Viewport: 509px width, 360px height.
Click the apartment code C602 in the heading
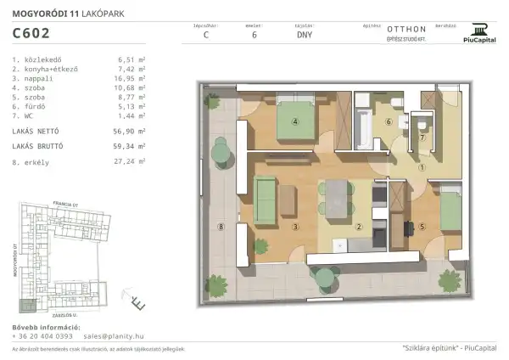tap(31, 34)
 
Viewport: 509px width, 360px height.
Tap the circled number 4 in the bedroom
tap(295, 121)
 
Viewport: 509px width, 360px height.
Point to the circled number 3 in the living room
tap(294, 227)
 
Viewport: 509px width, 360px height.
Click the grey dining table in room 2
tap(341, 199)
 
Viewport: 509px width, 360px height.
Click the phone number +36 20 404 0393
tap(42, 335)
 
